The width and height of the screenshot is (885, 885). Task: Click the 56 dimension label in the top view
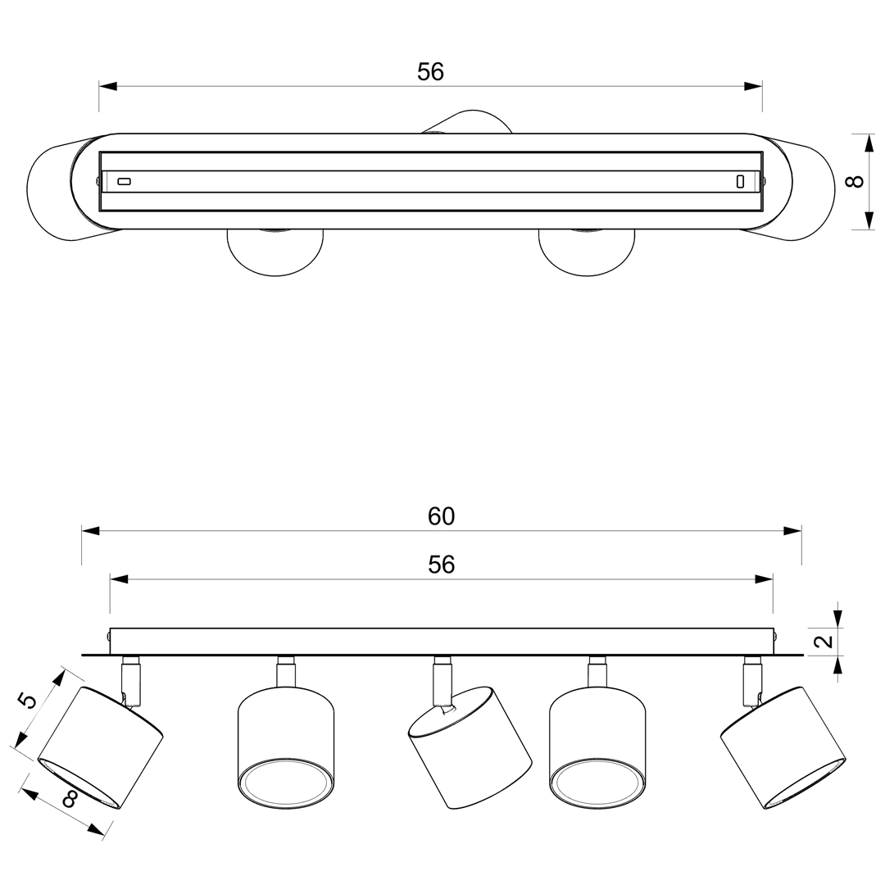[431, 71]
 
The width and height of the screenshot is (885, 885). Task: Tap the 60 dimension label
[441, 516]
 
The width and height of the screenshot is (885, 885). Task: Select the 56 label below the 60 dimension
[441, 565]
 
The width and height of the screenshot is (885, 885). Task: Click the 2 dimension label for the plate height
[825, 641]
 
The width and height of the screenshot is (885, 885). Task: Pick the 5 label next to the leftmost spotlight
[26, 701]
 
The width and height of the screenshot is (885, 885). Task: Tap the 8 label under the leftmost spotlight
[70, 799]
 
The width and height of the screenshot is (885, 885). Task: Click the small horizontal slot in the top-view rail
[125, 181]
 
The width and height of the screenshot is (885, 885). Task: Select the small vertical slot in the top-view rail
[740, 181]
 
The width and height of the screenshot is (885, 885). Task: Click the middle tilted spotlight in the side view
[470, 747]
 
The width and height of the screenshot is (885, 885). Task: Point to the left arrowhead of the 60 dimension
[90, 530]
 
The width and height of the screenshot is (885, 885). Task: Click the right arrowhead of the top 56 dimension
[753, 86]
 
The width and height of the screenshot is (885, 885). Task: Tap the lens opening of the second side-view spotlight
[286, 784]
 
